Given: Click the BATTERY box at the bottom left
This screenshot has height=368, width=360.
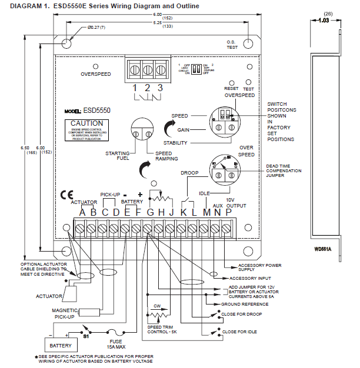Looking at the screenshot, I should [60, 346].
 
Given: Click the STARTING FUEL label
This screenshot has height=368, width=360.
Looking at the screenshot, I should [117, 156].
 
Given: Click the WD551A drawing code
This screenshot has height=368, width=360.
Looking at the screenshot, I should [323, 249].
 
